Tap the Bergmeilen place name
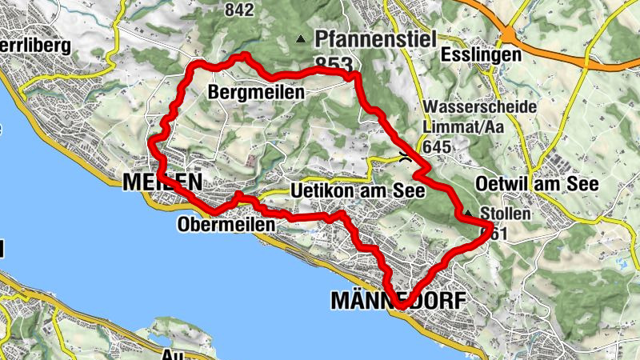click(256, 93)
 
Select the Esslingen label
click(480, 55)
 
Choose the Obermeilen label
click(225, 225)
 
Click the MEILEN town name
click(162, 183)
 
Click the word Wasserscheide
click(473, 107)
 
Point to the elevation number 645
click(438, 146)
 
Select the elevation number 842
click(240, 10)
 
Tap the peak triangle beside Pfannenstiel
click(301, 38)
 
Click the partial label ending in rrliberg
click(36, 43)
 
